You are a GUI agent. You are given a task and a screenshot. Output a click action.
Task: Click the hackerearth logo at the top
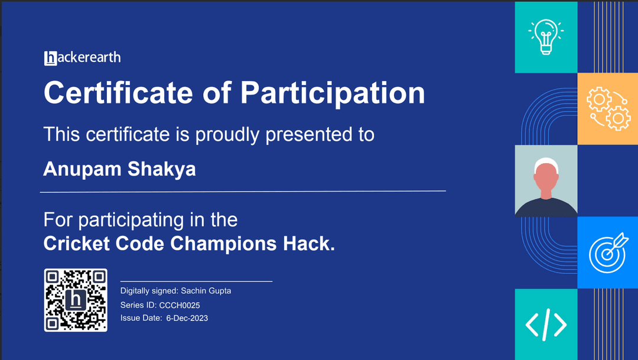coord(82,58)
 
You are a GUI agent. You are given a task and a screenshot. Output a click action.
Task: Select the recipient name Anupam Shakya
coord(119,170)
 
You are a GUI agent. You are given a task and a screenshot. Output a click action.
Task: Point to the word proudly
coord(228,135)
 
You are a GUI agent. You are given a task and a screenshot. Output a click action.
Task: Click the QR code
coord(76,300)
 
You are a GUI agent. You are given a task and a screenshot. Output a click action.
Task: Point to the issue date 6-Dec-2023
coord(187,319)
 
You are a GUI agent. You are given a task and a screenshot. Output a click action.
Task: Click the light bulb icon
coord(545,37)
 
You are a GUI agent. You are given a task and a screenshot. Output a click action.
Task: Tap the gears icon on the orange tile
coord(608,109)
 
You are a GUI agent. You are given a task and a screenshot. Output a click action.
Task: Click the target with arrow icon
coord(607,252)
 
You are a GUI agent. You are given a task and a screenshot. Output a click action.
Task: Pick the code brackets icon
coord(546,324)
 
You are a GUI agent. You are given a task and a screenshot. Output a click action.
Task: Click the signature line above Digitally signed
coord(196,281)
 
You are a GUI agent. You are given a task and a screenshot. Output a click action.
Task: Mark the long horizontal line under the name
coord(243,192)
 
